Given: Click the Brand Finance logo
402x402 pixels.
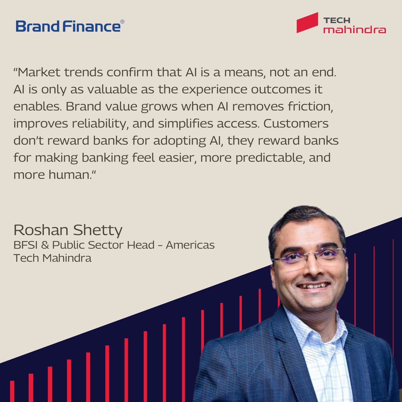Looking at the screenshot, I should (x=69, y=26).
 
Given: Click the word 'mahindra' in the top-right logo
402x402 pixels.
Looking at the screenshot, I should (x=354, y=30).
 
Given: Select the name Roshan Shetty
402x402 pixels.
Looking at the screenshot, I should (x=68, y=230).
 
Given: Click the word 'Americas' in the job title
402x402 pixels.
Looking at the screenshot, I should (x=190, y=245).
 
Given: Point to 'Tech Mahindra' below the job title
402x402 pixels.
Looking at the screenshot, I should (x=52, y=258).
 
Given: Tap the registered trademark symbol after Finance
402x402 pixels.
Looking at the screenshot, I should (x=122, y=22).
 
